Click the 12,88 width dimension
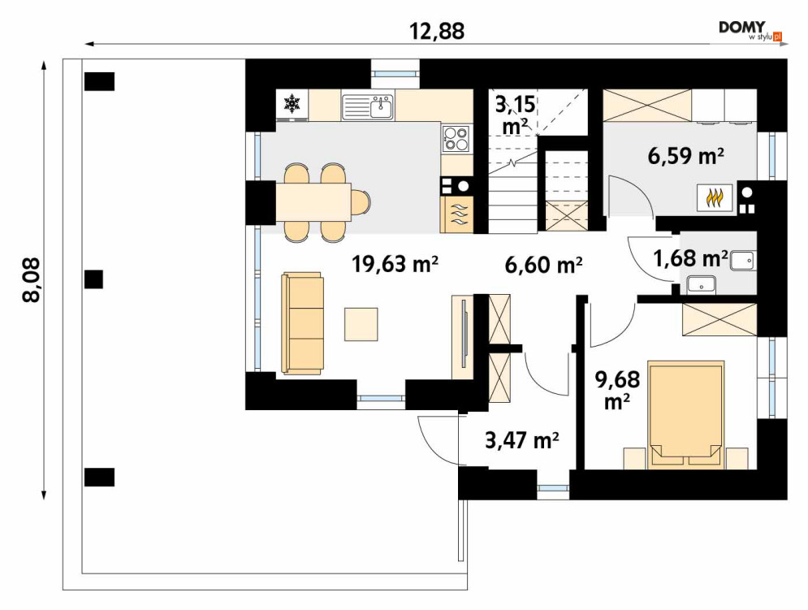(436, 31)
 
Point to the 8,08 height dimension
(32, 280)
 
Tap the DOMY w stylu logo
(751, 30)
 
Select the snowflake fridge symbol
(292, 104)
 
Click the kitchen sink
(367, 106)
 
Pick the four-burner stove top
(456, 138)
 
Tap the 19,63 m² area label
(395, 264)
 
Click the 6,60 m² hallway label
(543, 265)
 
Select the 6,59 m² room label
(686, 156)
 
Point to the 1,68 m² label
(690, 257)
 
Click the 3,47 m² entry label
(522, 441)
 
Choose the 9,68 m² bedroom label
(617, 391)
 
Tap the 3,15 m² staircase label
(516, 115)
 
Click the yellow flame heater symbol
(715, 197)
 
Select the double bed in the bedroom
(686, 414)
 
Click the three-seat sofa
(302, 323)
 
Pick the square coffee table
(361, 324)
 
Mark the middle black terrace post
(93, 279)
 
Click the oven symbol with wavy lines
(456, 214)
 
